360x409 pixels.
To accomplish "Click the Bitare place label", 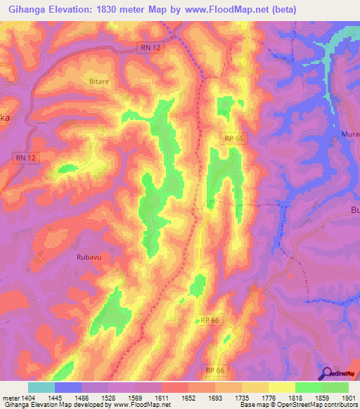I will point(98,82).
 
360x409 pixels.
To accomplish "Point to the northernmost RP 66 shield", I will point(234,139).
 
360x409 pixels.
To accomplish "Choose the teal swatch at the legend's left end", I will point(41,387).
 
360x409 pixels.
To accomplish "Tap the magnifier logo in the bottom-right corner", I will point(326,374).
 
